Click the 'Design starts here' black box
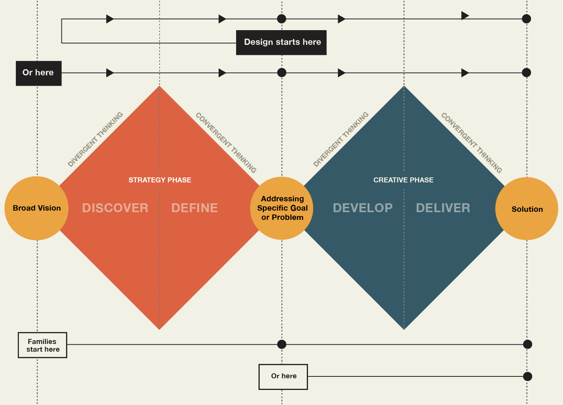pyautogui.click(x=281, y=43)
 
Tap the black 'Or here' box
pyautogui.click(x=38, y=73)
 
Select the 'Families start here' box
pyautogui.click(x=43, y=345)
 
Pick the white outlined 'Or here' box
pyautogui.click(x=283, y=376)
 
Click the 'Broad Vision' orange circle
pyautogui.click(x=37, y=208)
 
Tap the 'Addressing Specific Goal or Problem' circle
pyautogui.click(x=282, y=208)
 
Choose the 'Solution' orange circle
pyautogui.click(x=527, y=209)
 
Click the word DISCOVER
pyautogui.click(x=115, y=208)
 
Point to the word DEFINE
pyautogui.click(x=194, y=208)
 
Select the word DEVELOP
pyautogui.click(x=362, y=208)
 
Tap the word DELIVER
pyautogui.click(x=443, y=208)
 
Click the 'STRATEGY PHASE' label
pyautogui.click(x=160, y=180)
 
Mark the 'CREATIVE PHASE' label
pyautogui.click(x=403, y=180)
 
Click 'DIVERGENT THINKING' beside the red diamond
pyautogui.click(x=95, y=139)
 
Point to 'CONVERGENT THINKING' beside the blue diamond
pyautogui.click(x=471, y=143)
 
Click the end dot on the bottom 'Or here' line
pyautogui.click(x=527, y=376)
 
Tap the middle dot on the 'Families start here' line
pyautogui.click(x=282, y=344)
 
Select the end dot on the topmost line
pyautogui.click(x=526, y=19)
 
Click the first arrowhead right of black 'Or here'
pyautogui.click(x=110, y=73)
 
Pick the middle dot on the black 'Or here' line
pyautogui.click(x=282, y=73)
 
